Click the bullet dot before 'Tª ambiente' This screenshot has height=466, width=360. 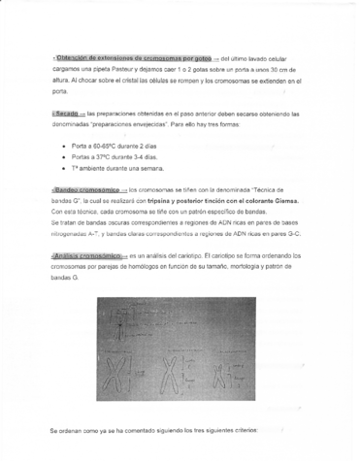point(64,167)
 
